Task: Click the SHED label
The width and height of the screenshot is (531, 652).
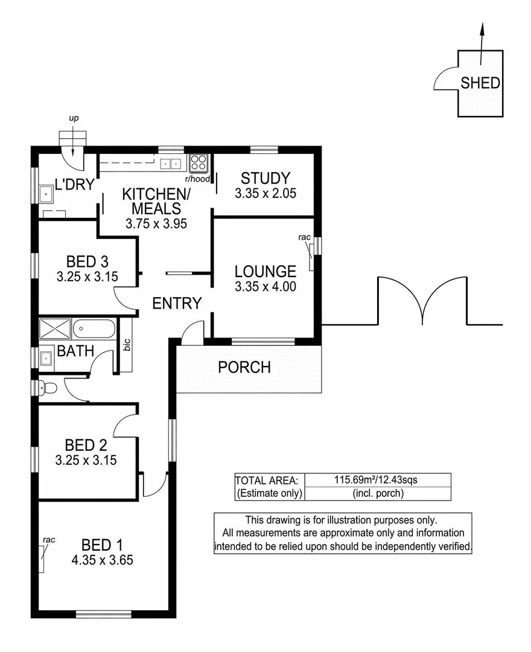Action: click(x=480, y=83)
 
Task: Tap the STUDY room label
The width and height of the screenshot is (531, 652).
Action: click(x=265, y=178)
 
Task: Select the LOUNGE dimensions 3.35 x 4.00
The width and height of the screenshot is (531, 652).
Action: click(x=265, y=287)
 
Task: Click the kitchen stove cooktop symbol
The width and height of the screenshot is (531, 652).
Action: click(x=199, y=162)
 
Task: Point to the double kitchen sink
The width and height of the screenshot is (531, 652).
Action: click(x=171, y=162)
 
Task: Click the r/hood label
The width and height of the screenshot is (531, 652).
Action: click(x=197, y=179)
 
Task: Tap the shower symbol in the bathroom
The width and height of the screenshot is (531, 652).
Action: click(x=55, y=330)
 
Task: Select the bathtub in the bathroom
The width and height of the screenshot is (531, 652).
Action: click(x=94, y=330)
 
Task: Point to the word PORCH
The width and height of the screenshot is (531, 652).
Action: click(x=244, y=366)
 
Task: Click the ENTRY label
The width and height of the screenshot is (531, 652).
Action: click(x=176, y=303)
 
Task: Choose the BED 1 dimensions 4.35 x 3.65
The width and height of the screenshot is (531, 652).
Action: click(x=102, y=560)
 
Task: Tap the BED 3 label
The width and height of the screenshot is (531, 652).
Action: click(x=87, y=261)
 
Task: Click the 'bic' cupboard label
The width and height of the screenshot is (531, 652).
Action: click(x=127, y=345)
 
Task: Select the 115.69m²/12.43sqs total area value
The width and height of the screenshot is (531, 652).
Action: click(x=377, y=481)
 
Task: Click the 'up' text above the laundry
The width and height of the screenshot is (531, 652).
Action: click(x=74, y=118)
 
